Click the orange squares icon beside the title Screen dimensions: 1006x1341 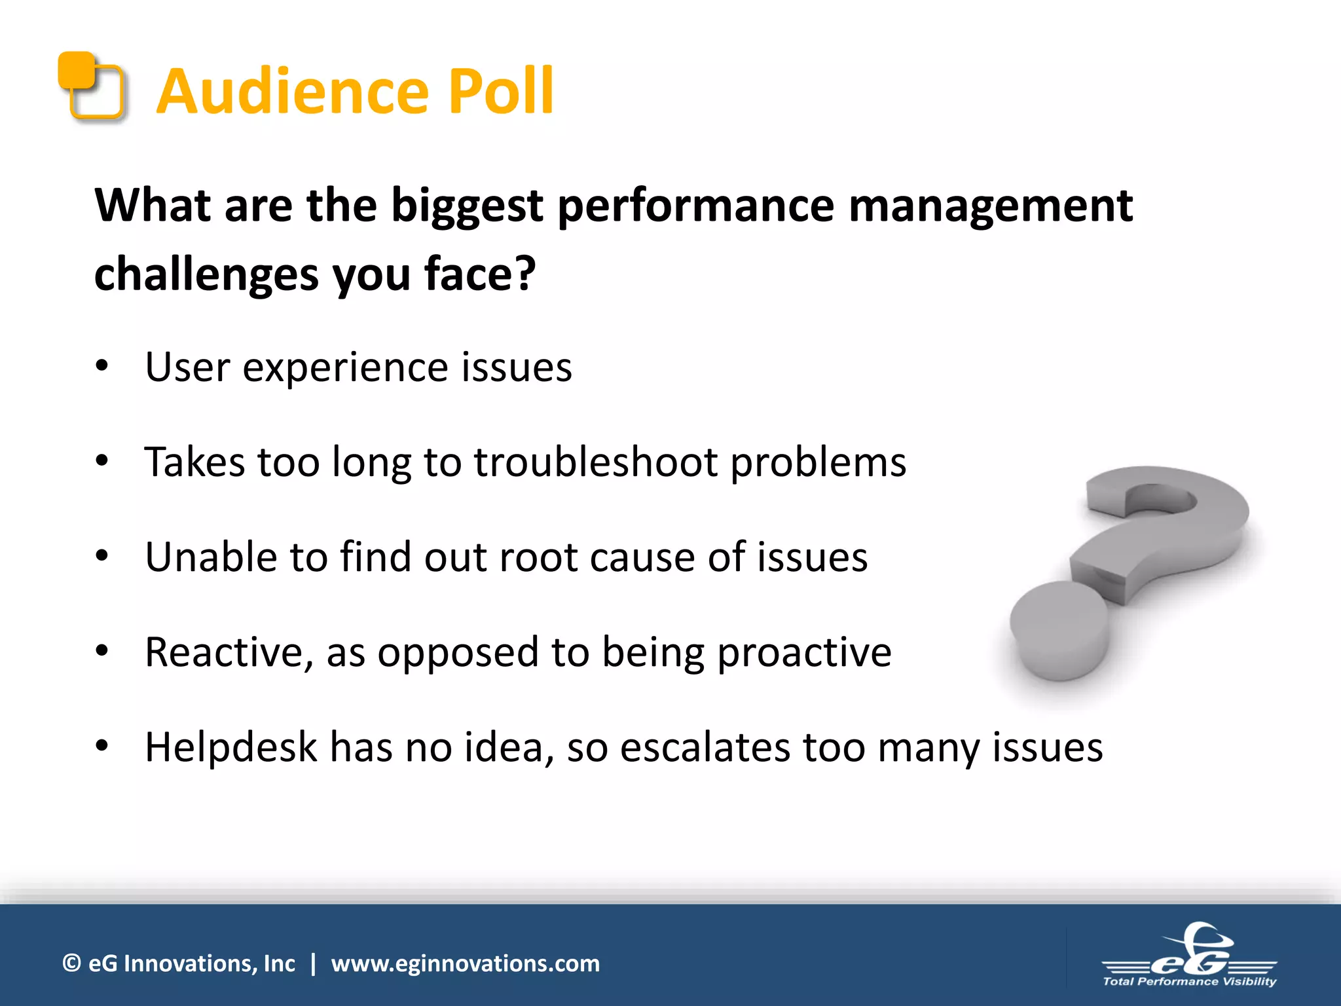coord(91,86)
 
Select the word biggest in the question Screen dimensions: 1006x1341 coord(467,207)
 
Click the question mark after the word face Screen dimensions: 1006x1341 coord(525,273)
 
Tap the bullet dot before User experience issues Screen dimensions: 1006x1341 coord(101,366)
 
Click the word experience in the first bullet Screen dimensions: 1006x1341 coord(346,369)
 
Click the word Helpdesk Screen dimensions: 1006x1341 coord(231,747)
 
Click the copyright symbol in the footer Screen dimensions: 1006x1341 coord(71,963)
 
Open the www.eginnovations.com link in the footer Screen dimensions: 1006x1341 coord(465,963)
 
